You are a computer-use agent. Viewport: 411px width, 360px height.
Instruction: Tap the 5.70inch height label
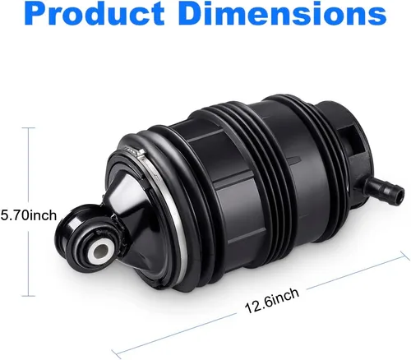28,215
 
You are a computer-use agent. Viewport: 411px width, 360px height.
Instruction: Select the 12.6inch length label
272,301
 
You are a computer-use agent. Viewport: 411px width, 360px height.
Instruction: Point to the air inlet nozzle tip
399,193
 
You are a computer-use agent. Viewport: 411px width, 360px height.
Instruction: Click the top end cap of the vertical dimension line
29,127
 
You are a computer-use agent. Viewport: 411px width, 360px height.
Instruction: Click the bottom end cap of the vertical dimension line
29,296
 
